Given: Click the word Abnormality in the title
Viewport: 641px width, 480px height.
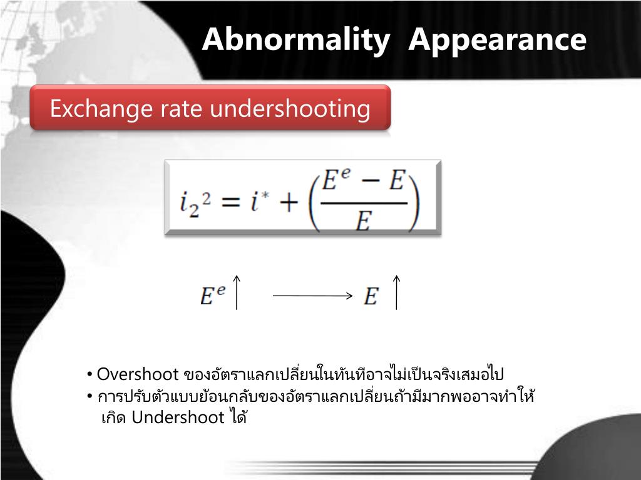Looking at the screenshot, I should tap(295, 40).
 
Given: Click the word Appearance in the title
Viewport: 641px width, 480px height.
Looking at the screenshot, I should tap(498, 40).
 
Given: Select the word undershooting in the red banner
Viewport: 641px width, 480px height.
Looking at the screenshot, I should tap(290, 109).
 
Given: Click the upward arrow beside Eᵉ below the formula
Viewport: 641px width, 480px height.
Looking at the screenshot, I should tap(236, 292).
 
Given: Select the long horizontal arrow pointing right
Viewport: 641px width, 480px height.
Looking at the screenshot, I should tap(313, 296).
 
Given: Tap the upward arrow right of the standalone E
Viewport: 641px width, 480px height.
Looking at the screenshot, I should tap(396, 292).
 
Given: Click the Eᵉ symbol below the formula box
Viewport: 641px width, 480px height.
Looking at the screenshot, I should tap(212, 296).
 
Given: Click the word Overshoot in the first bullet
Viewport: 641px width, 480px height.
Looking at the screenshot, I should tap(138, 374).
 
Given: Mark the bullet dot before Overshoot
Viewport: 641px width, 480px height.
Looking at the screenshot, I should tap(91, 374).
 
